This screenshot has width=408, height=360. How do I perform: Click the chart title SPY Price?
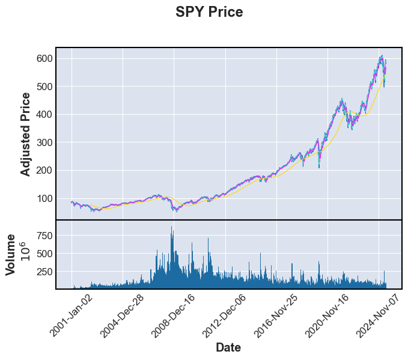(209, 12)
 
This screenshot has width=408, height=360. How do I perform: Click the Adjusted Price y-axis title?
(25, 134)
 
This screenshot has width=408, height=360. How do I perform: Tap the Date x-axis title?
(228, 347)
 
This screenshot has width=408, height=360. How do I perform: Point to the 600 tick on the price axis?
(45, 58)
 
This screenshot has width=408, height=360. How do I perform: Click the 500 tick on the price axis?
(45, 87)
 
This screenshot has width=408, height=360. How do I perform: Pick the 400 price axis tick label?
(45, 114)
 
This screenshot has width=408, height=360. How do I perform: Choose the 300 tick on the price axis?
(45, 142)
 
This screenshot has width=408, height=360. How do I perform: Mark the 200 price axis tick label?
(45, 170)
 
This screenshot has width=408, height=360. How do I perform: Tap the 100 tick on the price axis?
(45, 198)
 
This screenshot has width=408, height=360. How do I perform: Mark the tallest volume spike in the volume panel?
(172, 228)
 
